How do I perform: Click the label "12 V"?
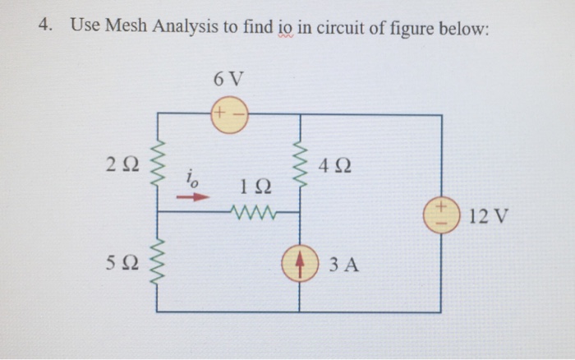pyautogui.click(x=490, y=217)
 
